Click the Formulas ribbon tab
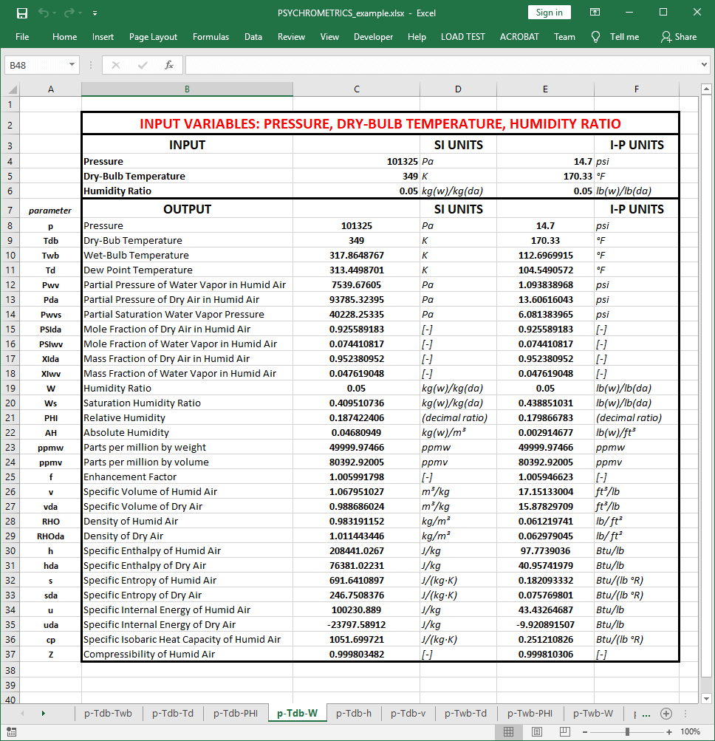[211, 37]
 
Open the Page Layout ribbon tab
[153, 37]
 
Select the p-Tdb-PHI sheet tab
[236, 713]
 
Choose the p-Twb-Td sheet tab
[465, 713]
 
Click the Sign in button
[549, 13]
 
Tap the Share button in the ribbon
[679, 37]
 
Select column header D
[458, 89]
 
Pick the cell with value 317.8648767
[357, 255]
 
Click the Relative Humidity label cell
[126, 417]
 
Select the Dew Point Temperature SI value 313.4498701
[357, 270]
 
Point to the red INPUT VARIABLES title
[380, 123]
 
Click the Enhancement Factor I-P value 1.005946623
[545, 477]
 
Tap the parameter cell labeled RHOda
[50, 536]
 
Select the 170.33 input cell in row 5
[545, 176]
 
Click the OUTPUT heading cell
[187, 209]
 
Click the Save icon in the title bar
[22, 13]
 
